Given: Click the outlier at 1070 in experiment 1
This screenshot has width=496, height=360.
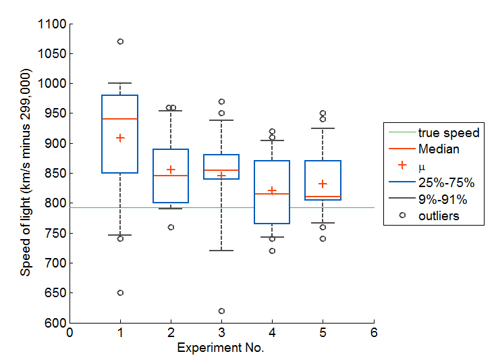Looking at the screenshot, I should coord(120,41).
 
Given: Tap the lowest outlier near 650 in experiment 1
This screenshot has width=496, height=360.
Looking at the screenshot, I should coord(120,292).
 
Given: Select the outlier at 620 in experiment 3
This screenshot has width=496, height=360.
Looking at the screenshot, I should coord(221,311).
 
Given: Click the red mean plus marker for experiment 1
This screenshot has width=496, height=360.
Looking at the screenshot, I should coord(120,138).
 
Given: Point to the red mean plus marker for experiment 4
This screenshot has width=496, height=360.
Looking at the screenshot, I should coord(272,190).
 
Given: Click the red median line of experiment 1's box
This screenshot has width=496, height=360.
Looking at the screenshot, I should coord(120,119).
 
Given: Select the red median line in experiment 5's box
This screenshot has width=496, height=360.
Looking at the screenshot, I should coord(323,197).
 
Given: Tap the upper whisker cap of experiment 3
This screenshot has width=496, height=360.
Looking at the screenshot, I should coord(221,120).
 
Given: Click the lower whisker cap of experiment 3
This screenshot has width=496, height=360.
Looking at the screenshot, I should coord(221,251).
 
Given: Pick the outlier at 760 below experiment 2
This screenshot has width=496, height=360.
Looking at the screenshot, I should coord(171,227).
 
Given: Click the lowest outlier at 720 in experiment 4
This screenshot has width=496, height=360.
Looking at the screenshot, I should coord(272,251).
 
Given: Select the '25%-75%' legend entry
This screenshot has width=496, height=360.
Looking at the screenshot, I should coord(446,182).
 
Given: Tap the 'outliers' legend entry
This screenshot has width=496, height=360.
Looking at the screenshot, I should coord(438,215).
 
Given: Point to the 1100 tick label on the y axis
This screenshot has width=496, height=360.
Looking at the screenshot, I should coord(53,24).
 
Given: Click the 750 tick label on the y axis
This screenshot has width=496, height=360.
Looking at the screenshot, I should coord(55,233).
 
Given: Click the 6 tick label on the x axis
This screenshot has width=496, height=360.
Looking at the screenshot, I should coord(373,333).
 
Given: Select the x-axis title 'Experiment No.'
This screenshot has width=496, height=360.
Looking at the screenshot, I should coord(221,348).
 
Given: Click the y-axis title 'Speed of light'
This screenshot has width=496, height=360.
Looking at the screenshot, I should coord(26,173).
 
